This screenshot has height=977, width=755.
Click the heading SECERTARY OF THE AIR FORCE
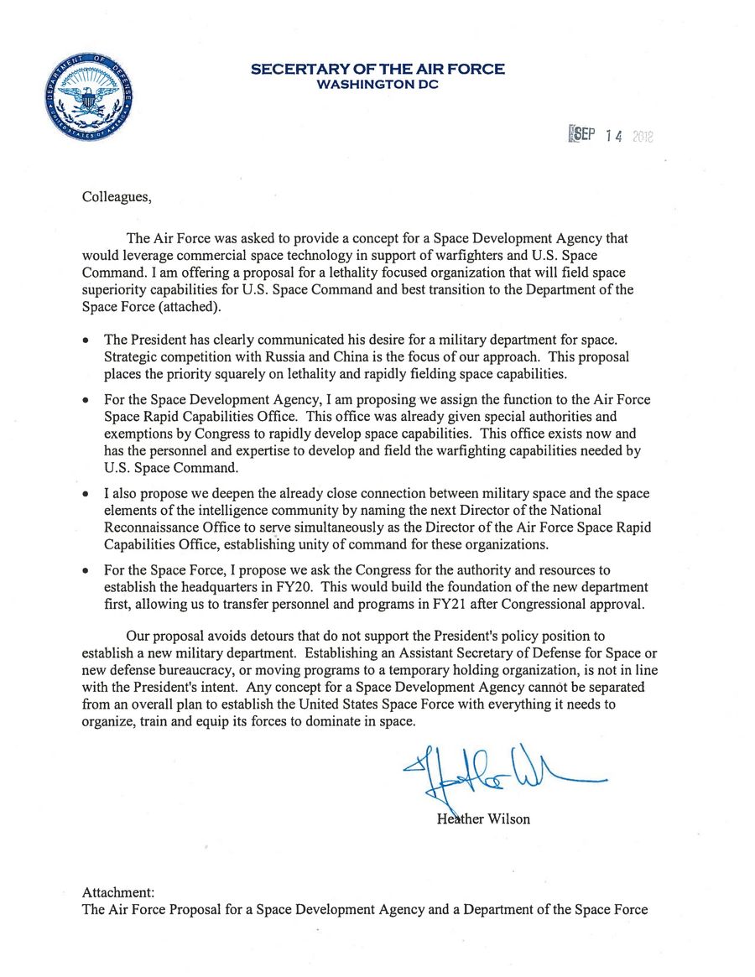[377, 70]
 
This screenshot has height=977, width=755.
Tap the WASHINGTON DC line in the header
[377, 85]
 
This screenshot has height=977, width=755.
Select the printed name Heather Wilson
[483, 818]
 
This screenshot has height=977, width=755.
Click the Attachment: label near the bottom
[118, 893]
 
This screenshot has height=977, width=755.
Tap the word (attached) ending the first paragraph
[192, 307]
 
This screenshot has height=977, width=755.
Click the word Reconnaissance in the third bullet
[156, 528]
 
